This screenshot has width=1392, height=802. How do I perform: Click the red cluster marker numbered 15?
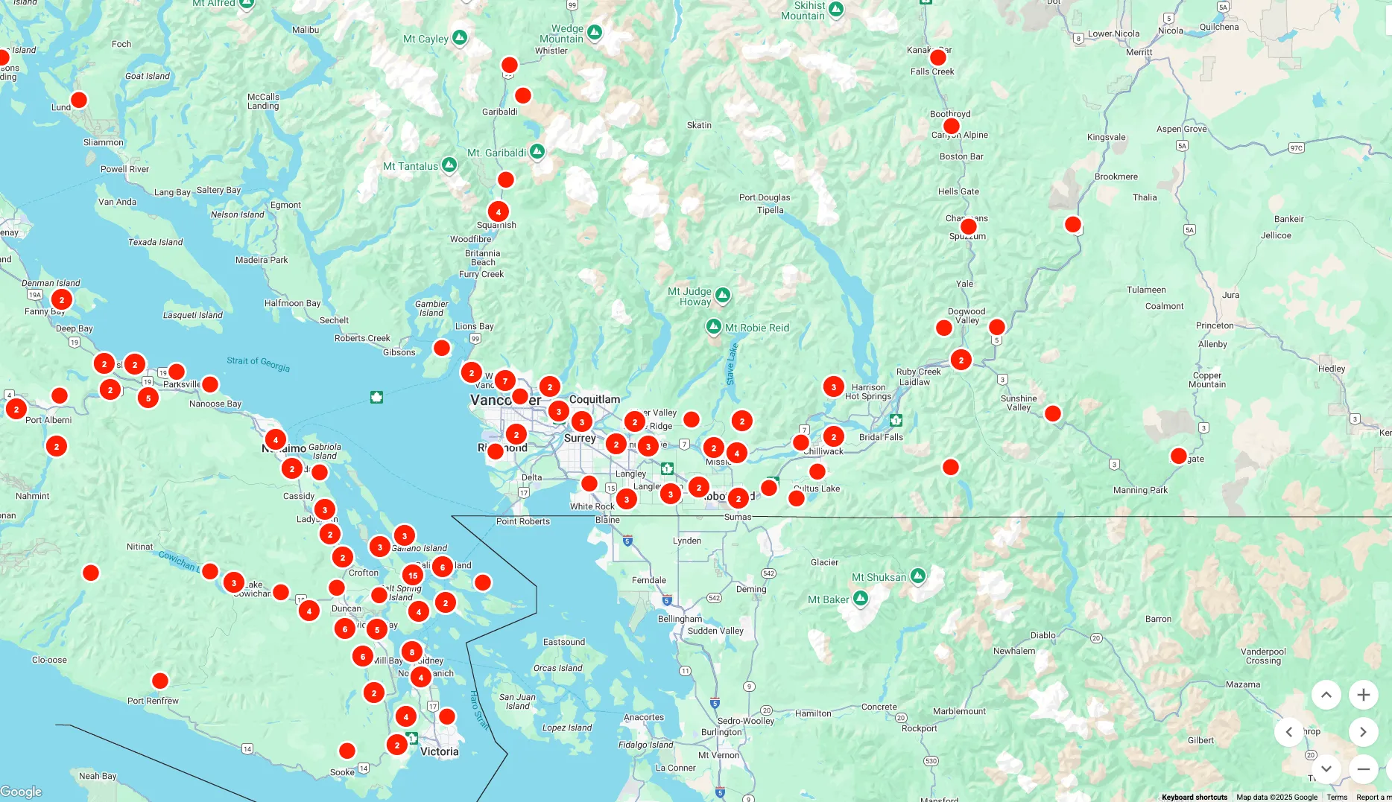pyautogui.click(x=413, y=576)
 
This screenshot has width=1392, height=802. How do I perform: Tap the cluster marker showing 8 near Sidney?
pyautogui.click(x=412, y=652)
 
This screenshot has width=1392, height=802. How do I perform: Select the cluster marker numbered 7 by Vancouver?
pyautogui.click(x=505, y=381)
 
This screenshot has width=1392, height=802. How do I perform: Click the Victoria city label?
pyautogui.click(x=440, y=752)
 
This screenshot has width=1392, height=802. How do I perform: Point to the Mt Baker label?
pyautogui.click(x=828, y=600)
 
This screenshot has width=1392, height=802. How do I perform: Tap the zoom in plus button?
pyautogui.click(x=1363, y=695)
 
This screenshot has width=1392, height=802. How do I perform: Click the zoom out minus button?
pyautogui.click(x=1363, y=769)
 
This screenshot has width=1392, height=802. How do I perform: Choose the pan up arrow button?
pyautogui.click(x=1326, y=695)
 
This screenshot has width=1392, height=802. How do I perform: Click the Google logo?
pyautogui.click(x=21, y=792)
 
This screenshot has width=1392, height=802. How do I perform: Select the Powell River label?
pyautogui.click(x=124, y=169)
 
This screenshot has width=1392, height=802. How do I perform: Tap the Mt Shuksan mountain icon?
pyautogui.click(x=918, y=576)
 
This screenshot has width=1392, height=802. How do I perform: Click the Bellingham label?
pyautogui.click(x=680, y=619)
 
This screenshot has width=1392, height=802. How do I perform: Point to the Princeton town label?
pyautogui.click(x=1215, y=325)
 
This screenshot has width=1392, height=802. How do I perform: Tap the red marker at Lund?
pyautogui.click(x=79, y=100)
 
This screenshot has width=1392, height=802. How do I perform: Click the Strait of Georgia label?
pyautogui.click(x=259, y=363)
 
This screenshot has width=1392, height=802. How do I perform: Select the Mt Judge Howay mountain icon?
pyautogui.click(x=723, y=296)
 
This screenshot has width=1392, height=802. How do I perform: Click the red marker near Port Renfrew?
pyautogui.click(x=160, y=681)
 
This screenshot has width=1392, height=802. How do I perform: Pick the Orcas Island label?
pyautogui.click(x=557, y=668)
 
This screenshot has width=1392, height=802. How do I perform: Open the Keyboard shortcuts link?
pyautogui.click(x=1194, y=798)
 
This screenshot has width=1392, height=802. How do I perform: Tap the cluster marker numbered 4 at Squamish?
pyautogui.click(x=499, y=212)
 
